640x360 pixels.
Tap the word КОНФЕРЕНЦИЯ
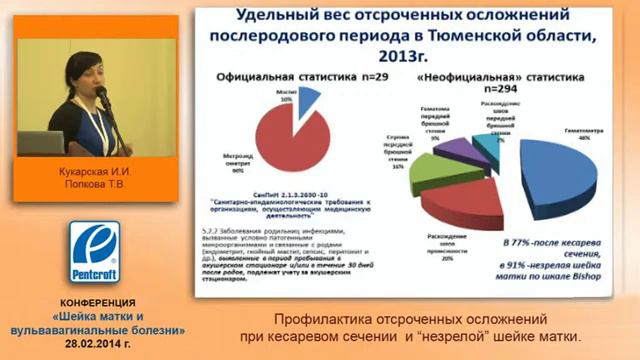pos(96,303)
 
